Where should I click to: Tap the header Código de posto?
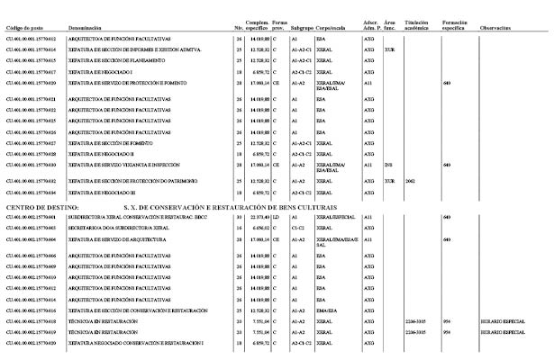24,28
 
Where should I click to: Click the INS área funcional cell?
388,166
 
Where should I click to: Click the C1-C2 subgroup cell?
299,229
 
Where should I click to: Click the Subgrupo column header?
302,28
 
